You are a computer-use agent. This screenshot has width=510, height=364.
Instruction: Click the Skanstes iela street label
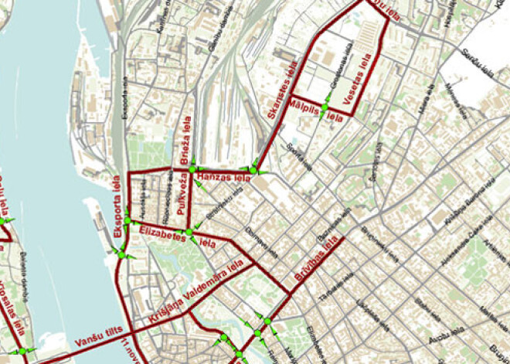tap(282, 91)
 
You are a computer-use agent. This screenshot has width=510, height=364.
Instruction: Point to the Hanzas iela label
tap(221, 179)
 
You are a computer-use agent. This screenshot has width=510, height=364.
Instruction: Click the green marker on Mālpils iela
tap(326, 106)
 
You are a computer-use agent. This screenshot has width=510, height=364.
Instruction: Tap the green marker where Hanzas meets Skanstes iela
tap(253, 170)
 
